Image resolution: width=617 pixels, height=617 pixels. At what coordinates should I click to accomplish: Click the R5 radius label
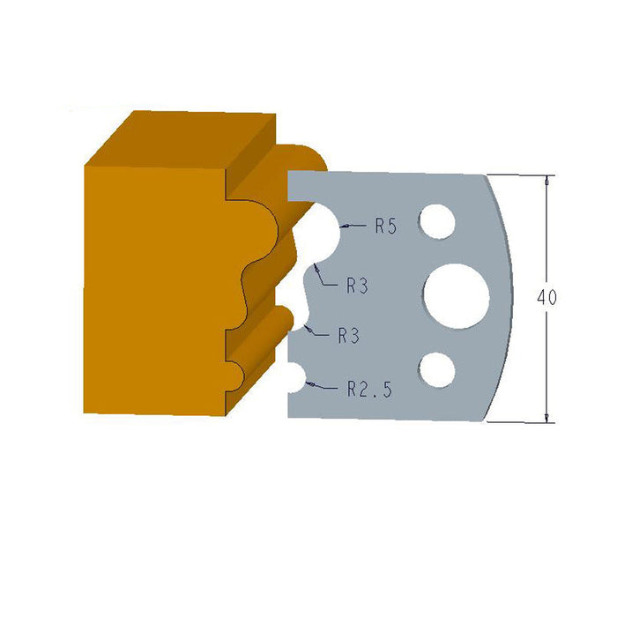point(385,227)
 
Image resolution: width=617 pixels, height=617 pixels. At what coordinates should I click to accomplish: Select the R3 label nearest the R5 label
point(357,285)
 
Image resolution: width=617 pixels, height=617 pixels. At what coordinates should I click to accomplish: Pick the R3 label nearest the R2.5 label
point(349,335)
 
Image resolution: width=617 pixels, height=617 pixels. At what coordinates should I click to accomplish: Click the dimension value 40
point(546,298)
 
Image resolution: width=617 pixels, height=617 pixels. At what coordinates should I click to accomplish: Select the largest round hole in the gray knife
point(456,294)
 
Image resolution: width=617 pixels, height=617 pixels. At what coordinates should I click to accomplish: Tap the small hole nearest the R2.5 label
point(436,368)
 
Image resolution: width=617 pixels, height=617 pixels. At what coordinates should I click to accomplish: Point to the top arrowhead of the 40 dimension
point(548,179)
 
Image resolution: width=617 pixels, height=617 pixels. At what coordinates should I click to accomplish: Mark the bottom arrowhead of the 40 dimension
point(548,418)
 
